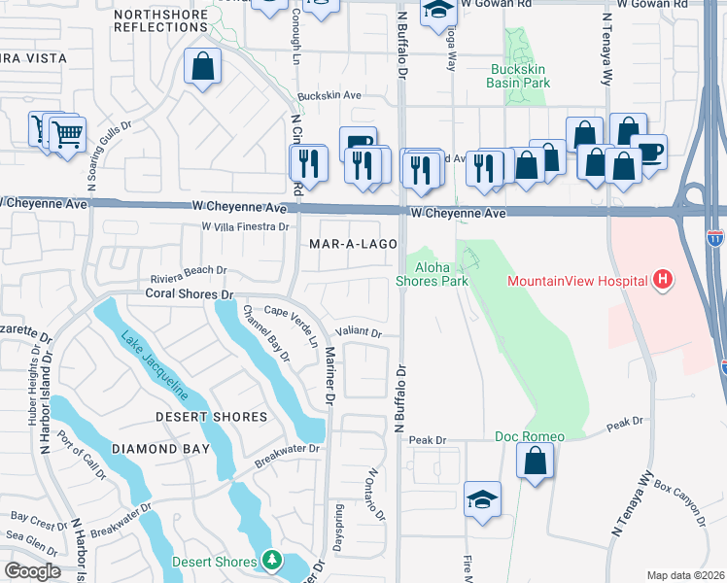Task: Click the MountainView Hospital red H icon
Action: (663, 281)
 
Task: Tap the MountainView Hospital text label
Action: (577, 282)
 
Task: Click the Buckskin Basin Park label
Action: (518, 77)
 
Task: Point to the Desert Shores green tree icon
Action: (272, 562)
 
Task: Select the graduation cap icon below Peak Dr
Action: (482, 499)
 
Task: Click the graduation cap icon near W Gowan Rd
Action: (438, 11)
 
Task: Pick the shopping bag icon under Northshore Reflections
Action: (202, 67)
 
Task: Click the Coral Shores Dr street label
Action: (190, 292)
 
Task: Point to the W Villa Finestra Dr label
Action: (246, 226)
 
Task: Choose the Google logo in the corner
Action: (32, 570)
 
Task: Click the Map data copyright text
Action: (685, 575)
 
